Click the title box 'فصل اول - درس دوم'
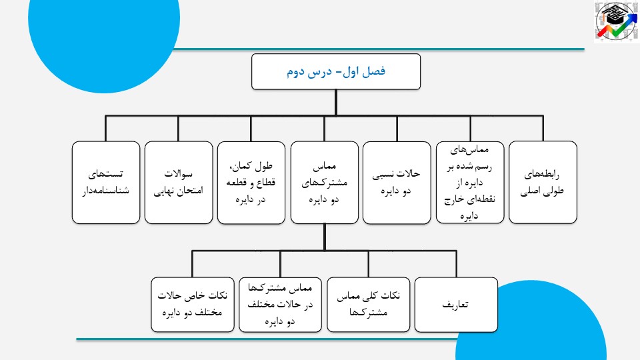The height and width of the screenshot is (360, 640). click(336, 71)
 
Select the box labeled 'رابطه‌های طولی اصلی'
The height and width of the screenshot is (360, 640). click(543, 183)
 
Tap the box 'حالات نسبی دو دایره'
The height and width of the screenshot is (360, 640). click(397, 183)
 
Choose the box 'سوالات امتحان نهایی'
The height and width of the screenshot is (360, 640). click(179, 183)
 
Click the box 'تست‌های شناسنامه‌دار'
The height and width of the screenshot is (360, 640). click(106, 183)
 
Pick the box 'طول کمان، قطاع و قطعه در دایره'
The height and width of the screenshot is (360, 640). click(251, 183)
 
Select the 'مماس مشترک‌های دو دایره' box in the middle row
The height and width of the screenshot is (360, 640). click(325, 183)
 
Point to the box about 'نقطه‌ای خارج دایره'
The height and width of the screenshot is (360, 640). click(470, 183)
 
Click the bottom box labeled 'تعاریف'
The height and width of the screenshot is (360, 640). click(456, 305)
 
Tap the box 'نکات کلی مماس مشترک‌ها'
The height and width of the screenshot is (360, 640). click(369, 305)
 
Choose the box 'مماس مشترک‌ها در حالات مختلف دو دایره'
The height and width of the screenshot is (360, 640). click(281, 305)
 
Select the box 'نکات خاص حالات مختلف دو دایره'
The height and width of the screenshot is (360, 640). click(193, 305)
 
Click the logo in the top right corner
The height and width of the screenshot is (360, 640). click(616, 21)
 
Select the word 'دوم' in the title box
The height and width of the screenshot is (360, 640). click(296, 72)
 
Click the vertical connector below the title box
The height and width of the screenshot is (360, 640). click(336, 103)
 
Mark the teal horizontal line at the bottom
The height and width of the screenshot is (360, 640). click(267, 339)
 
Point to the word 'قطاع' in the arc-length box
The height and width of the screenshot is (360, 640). click(265, 183)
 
